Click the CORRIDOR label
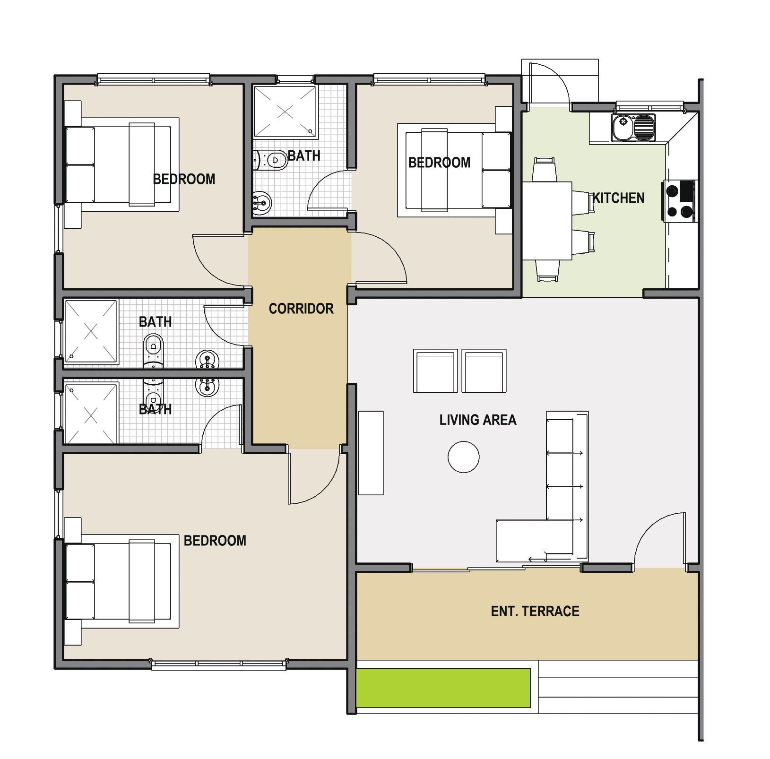coord(301,309)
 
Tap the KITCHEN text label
coord(618,198)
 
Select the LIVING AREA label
coord(478,420)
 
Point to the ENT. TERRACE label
coord(535,611)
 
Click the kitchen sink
coord(633,128)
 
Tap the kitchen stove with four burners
coord(679,201)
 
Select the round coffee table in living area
coord(464,457)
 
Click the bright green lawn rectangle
coord(443,688)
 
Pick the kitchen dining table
coord(547,221)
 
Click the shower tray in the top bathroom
coord(285,112)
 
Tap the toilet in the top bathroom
coord(270,160)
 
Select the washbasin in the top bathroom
coord(262,203)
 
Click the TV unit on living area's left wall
coord(371,453)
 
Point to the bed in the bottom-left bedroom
coord(122,581)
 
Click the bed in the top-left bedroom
coord(122,164)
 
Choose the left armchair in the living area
coord(435,371)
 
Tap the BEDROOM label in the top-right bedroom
coord(439,163)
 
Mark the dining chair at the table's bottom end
coord(547,271)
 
